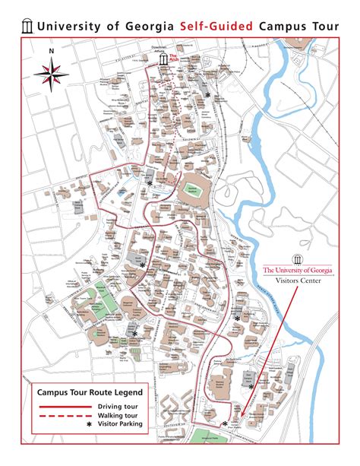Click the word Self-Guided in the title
217,26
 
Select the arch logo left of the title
27,26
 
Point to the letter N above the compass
51,52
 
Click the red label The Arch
174,59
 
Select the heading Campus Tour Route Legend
84,392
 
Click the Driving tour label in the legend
116,407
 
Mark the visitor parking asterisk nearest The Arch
208,94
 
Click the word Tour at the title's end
324,26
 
